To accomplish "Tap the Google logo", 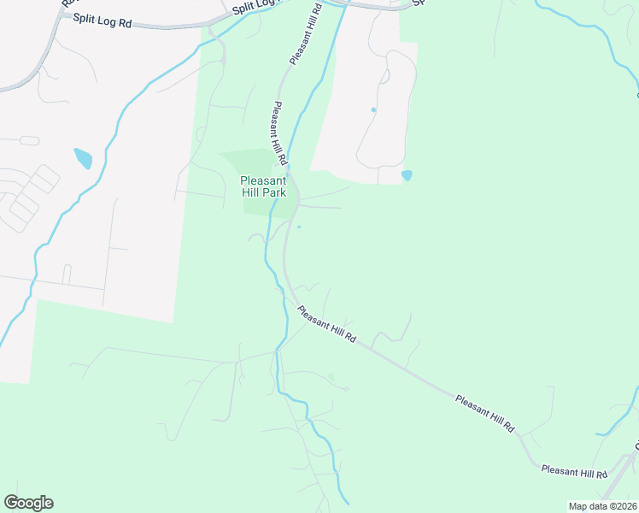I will pos(28,503).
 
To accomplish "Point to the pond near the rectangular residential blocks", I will pos(83,158).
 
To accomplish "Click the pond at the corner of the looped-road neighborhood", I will pos(407,175).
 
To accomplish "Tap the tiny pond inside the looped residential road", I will pos(373,110).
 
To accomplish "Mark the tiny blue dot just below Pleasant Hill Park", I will pos(299,227).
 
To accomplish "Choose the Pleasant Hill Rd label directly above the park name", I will pos(279,134).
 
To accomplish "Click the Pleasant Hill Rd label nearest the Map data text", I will pos(574,471).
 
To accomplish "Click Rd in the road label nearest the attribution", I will pos(601,475).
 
